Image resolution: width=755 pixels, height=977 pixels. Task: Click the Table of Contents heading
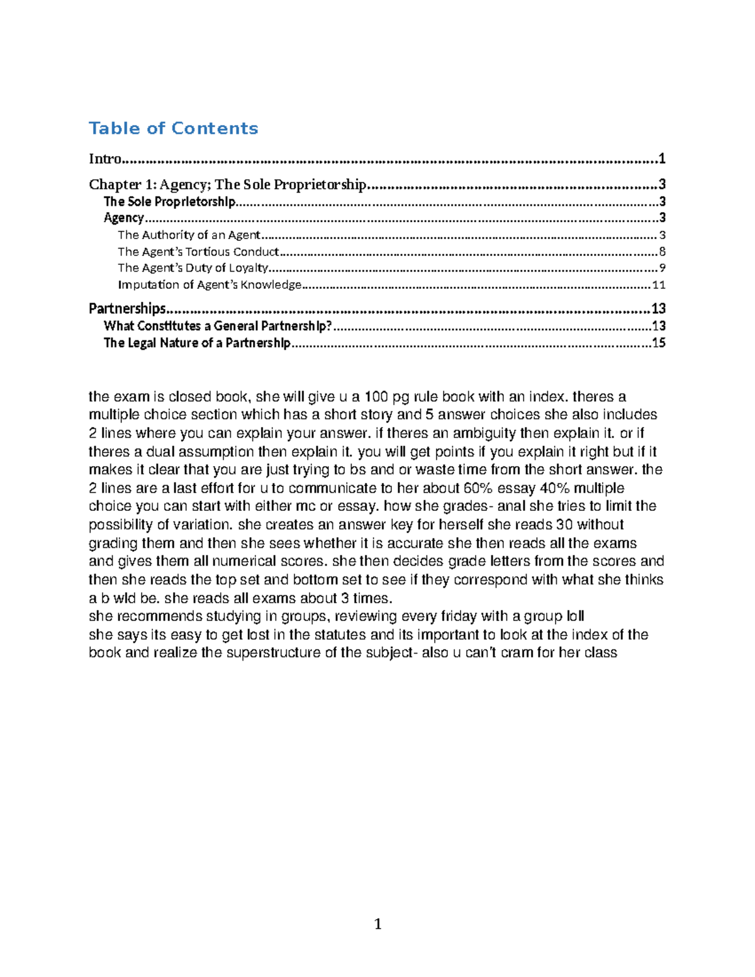coord(173,128)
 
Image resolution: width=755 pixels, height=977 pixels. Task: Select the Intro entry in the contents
coord(104,159)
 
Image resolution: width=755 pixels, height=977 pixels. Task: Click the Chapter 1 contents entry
coord(227,184)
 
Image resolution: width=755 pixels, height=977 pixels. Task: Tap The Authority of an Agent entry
coord(189,235)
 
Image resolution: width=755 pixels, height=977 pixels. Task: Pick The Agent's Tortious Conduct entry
coord(198,252)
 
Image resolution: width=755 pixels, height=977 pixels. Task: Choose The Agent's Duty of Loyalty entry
coord(193,268)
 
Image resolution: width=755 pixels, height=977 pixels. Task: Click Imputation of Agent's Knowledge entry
coord(210,284)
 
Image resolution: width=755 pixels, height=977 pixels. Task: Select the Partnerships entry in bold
coord(127,308)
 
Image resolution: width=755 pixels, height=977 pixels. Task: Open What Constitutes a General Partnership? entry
coord(217,326)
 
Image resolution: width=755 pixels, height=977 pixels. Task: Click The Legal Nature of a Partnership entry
coord(197,343)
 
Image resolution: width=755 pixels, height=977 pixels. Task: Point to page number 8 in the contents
coord(661,252)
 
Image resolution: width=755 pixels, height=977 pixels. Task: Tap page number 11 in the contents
coord(658,284)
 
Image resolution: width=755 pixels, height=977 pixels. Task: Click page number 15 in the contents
coord(658,343)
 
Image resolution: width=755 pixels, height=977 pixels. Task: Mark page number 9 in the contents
coord(662,268)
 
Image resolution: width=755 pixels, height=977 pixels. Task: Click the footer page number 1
coord(377,924)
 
